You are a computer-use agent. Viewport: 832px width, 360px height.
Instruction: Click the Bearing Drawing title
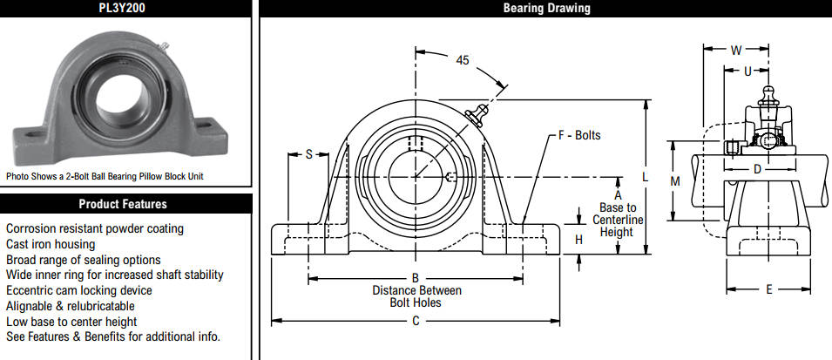(x=546, y=8)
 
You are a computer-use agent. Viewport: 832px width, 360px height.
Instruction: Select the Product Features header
(x=123, y=204)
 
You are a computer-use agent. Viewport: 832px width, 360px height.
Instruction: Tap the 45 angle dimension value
(x=462, y=60)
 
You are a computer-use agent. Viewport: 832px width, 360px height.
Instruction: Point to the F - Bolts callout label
(x=579, y=135)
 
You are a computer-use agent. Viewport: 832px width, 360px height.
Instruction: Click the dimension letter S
(x=308, y=154)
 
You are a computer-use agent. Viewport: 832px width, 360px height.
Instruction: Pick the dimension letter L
(x=646, y=177)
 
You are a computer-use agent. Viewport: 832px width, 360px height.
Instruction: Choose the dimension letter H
(x=578, y=240)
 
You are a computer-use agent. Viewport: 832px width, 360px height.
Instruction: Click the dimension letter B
(x=416, y=278)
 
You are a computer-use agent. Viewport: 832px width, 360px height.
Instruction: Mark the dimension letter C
(x=416, y=321)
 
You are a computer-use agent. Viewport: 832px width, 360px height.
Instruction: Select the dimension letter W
(x=736, y=51)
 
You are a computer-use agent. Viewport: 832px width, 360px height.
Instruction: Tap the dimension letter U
(x=747, y=71)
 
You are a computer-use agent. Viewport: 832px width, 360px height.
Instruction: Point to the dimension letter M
(x=675, y=181)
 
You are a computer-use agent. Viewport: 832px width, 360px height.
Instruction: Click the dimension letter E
(x=769, y=289)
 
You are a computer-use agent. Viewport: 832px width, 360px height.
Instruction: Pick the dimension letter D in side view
(x=758, y=169)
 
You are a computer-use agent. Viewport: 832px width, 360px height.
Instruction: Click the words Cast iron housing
(x=51, y=244)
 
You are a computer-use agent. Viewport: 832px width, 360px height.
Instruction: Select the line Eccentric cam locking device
(x=79, y=290)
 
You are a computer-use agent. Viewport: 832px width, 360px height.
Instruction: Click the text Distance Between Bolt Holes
(x=416, y=297)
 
